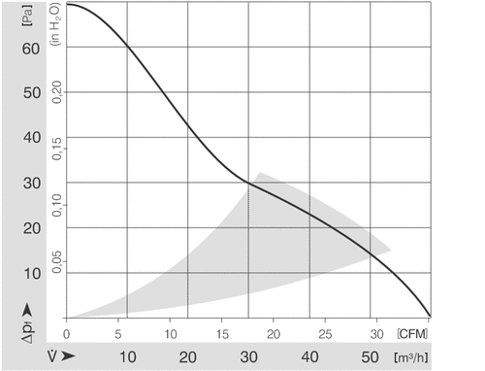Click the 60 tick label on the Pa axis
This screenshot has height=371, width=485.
tap(31, 49)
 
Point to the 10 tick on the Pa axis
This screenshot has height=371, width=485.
tap(32, 274)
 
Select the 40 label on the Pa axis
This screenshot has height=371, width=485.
tap(32, 138)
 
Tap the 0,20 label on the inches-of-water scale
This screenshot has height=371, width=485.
tap(56, 92)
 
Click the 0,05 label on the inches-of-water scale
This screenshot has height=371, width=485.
tap(56, 261)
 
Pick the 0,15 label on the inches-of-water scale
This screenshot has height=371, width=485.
tap(56, 149)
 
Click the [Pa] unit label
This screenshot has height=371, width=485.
tap(27, 16)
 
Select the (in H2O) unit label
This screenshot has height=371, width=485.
tap(55, 24)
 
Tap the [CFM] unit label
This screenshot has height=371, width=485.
tap(412, 333)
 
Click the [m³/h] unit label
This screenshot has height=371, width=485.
tap(411, 357)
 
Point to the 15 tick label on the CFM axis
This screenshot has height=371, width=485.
tap(222, 334)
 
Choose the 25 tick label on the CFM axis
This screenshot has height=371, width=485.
tap(325, 334)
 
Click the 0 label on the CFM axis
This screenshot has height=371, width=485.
tap(66, 334)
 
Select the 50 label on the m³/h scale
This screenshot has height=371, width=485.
tap(370, 357)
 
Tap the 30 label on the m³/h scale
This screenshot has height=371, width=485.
tap(248, 357)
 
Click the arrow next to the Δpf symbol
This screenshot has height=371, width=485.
tap(28, 310)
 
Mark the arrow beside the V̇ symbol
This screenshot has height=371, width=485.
tap(68, 356)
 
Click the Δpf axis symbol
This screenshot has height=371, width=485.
tap(28, 332)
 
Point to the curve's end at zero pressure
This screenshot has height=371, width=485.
tap(430, 316)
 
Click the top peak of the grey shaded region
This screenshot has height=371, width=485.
tap(259, 173)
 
